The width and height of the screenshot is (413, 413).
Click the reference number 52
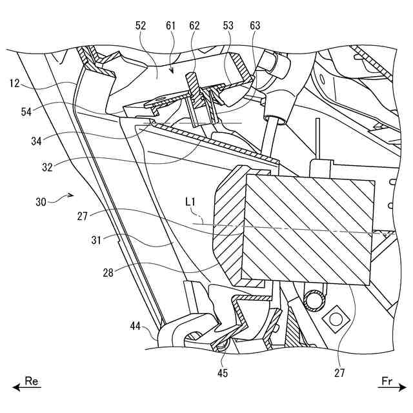(x=141, y=26)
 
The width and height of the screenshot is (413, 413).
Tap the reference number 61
(x=171, y=26)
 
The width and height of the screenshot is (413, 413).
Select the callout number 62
(x=194, y=26)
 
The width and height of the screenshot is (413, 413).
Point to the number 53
(x=228, y=26)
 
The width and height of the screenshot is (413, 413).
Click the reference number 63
(x=255, y=26)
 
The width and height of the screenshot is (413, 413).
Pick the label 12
(x=16, y=84)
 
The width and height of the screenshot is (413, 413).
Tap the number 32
(x=46, y=165)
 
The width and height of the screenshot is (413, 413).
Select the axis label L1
(x=190, y=203)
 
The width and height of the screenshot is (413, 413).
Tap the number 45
(x=222, y=372)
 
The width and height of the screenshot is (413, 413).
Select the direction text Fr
(x=387, y=381)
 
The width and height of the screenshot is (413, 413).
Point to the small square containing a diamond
(x=335, y=318)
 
